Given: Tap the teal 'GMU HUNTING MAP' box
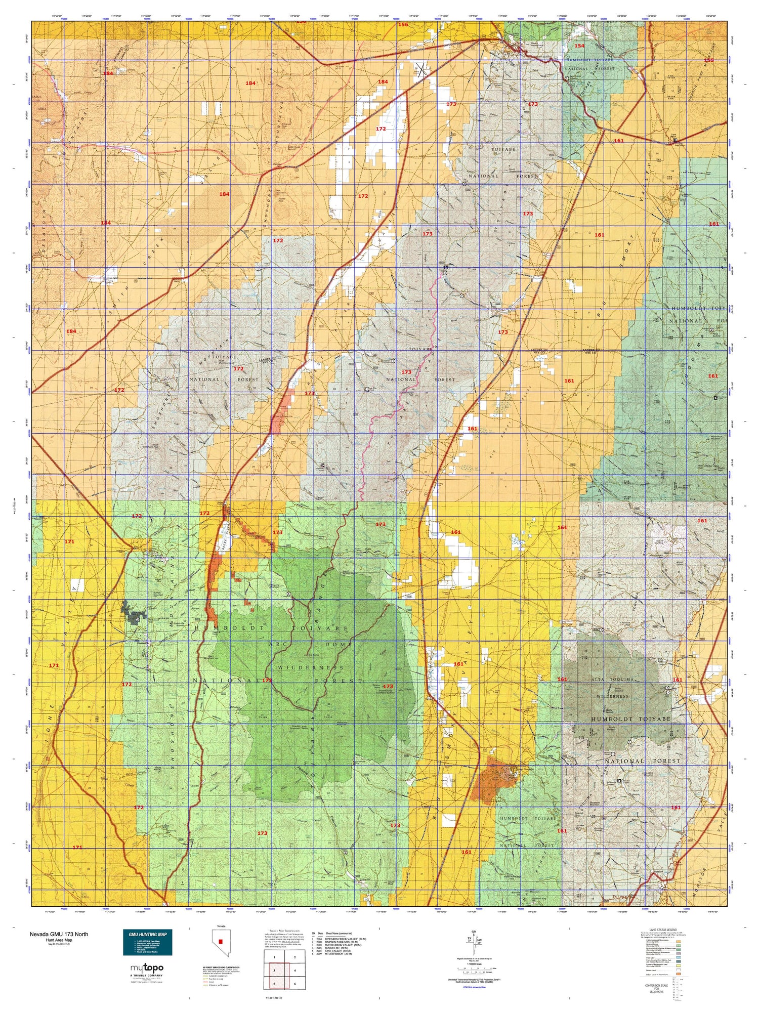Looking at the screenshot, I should point(147,942).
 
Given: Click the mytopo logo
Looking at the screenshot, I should point(147,968).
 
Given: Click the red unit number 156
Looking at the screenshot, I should point(403,24).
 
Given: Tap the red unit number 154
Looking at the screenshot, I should point(579,46).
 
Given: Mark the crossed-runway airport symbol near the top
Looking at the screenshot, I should point(422,70).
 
